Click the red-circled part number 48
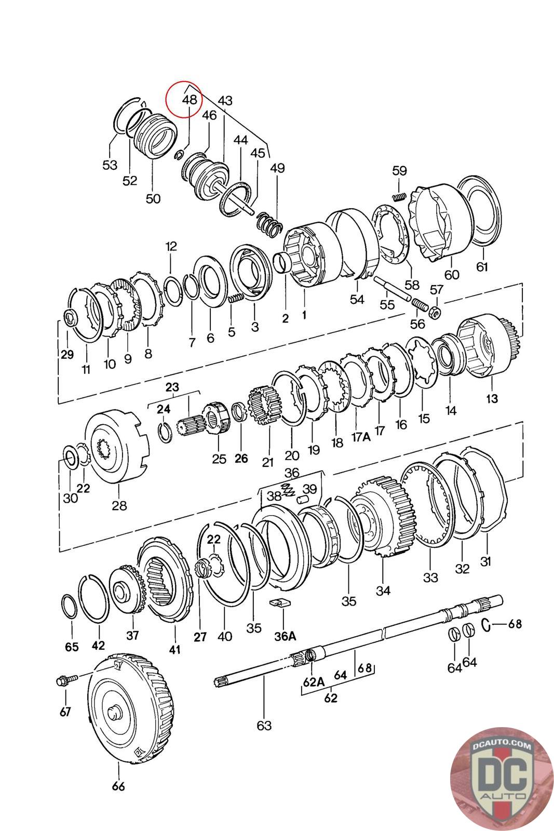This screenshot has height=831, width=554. [190, 99]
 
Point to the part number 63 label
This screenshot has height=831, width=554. [264, 724]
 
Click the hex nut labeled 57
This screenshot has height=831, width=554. [436, 311]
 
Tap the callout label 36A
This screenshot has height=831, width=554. [285, 636]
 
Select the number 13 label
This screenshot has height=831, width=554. [492, 398]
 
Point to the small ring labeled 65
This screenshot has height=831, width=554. [69, 606]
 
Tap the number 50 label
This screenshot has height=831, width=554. [153, 198]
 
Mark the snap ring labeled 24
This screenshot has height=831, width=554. [165, 433]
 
